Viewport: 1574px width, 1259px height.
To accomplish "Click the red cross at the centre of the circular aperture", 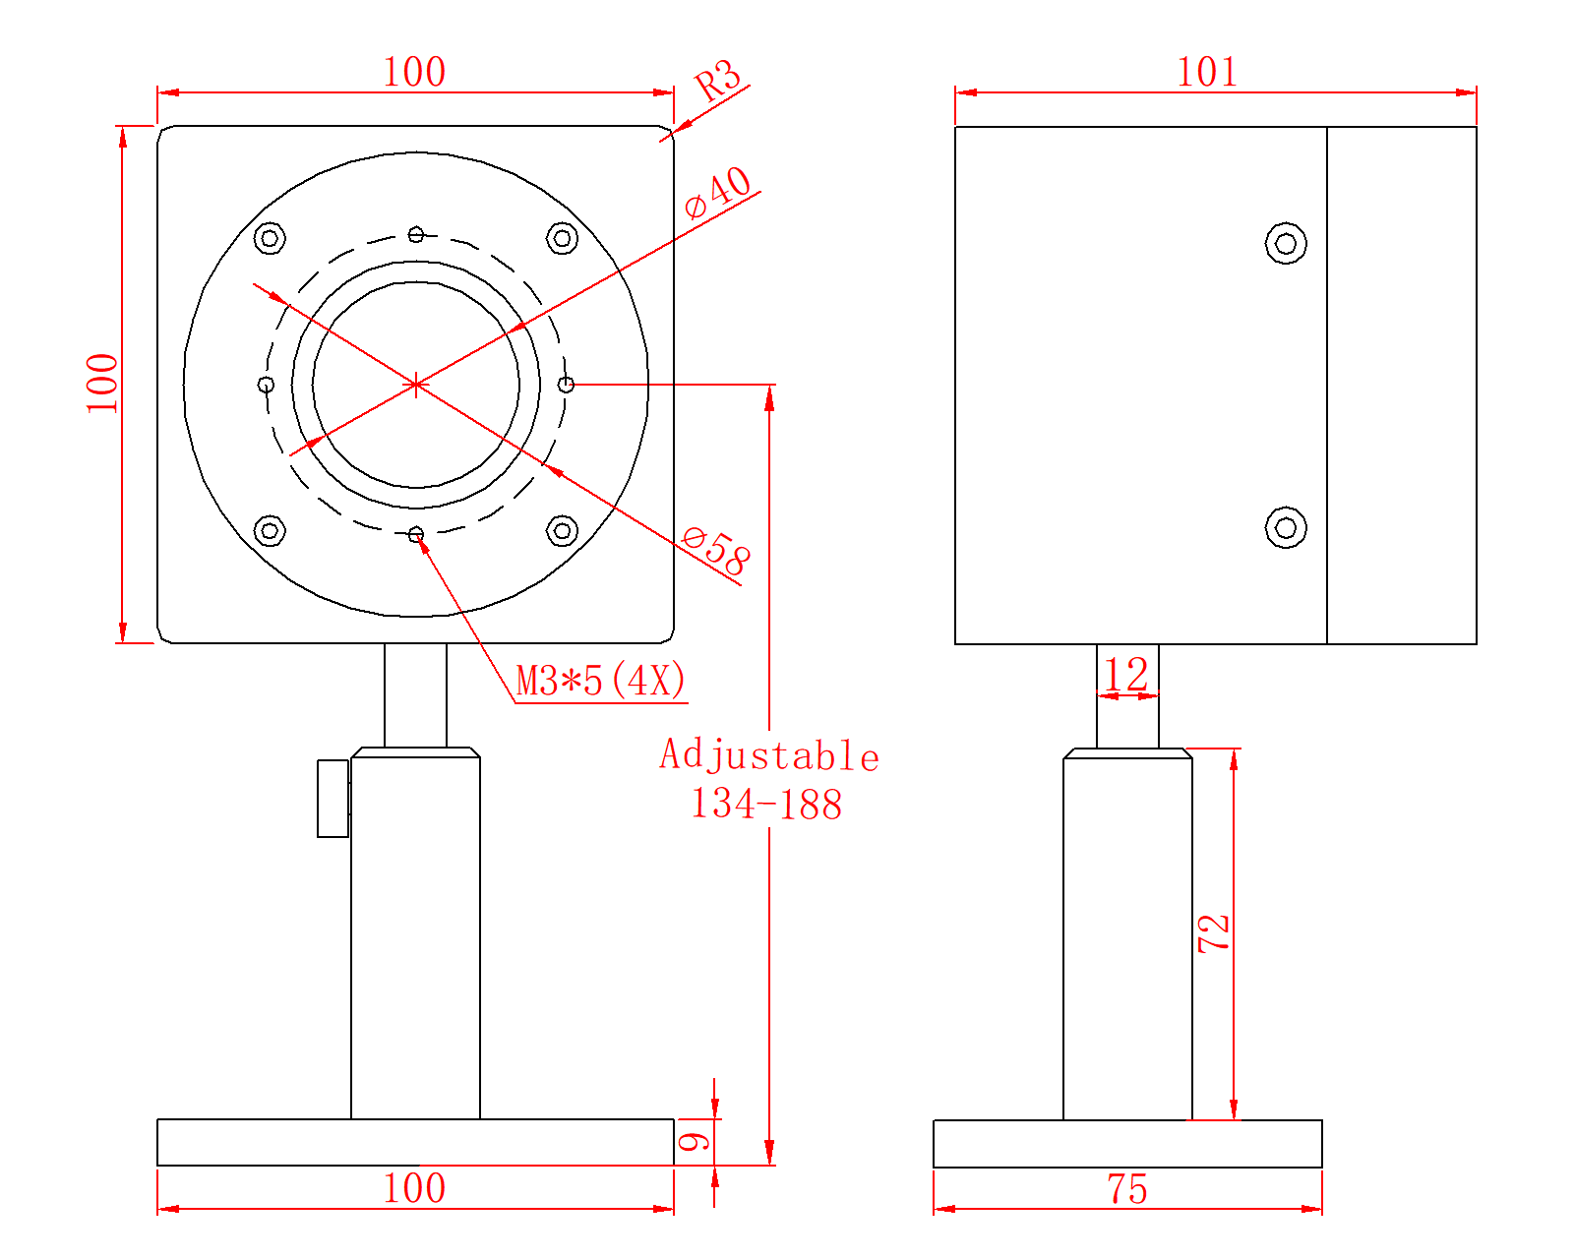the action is coord(415,384).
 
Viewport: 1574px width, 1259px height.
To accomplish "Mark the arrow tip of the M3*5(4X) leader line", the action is coord(418,540).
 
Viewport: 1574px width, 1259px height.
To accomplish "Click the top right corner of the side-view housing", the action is coord(1476,127).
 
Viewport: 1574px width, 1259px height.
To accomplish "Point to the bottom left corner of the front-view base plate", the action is coord(158,1165).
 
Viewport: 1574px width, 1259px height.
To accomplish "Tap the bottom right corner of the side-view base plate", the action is coord(1321,1167).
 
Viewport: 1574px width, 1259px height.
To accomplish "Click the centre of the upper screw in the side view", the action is coord(1285,243).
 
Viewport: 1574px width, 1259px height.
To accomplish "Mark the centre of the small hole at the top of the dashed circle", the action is coord(415,235).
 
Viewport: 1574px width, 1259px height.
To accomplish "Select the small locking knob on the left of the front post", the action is coord(333,798).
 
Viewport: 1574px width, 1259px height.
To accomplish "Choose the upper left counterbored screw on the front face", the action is coord(270,238).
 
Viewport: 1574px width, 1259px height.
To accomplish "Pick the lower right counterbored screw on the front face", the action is coord(562,530).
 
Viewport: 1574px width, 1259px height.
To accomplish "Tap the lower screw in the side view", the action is coord(1285,527).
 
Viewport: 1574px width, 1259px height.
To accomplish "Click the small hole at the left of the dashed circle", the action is coord(267,385).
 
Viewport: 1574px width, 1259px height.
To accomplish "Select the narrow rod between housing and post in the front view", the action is coord(415,695).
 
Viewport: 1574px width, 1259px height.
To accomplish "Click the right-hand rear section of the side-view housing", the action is coord(1402,386).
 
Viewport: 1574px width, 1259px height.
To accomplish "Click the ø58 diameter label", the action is coord(716,552).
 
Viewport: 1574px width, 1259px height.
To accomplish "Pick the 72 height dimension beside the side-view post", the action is coord(1213,932).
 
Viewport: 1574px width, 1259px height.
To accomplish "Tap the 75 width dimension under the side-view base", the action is coord(1126,1189).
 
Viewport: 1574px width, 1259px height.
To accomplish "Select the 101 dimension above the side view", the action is coord(1207,72).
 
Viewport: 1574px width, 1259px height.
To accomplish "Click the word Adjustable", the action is coord(768,755).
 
